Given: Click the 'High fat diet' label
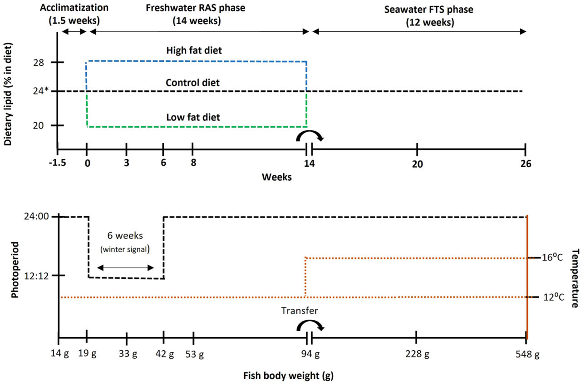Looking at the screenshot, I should click(194, 50).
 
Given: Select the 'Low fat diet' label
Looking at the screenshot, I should click(193, 117).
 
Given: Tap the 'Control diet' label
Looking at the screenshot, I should click(192, 83).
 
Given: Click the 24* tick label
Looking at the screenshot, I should click(42, 91).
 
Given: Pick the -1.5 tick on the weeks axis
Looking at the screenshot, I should click(57, 163).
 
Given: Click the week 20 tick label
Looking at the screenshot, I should click(417, 164).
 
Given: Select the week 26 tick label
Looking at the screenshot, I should click(525, 164).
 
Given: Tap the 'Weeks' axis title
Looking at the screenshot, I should click(276, 177).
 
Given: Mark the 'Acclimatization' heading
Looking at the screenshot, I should click(74, 8).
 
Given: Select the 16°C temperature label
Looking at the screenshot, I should click(552, 258).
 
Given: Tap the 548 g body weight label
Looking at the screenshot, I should click(527, 355).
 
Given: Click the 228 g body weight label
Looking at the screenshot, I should click(417, 355).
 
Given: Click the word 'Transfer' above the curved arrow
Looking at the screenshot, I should click(300, 311).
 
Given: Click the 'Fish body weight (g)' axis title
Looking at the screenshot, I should click(290, 376).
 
